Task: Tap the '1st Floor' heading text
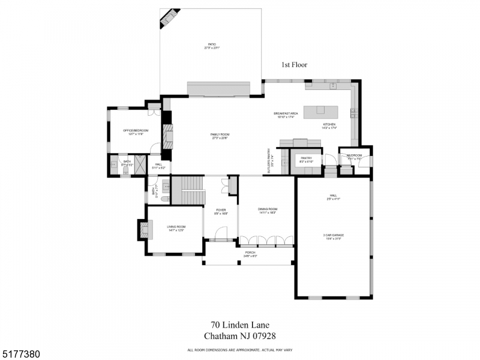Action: [294, 65]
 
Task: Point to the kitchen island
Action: [321, 110]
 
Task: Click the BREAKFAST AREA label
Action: [286, 113]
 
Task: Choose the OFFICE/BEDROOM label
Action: [135, 131]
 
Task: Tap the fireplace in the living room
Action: [143, 229]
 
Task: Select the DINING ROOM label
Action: [268, 209]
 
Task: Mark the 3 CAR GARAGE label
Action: [333, 235]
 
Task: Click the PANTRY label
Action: [307, 159]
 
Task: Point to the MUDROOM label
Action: [355, 156]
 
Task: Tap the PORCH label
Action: [250, 253]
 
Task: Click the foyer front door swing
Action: [222, 233]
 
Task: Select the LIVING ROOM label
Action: [176, 227]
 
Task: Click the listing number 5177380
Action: [21, 355]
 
